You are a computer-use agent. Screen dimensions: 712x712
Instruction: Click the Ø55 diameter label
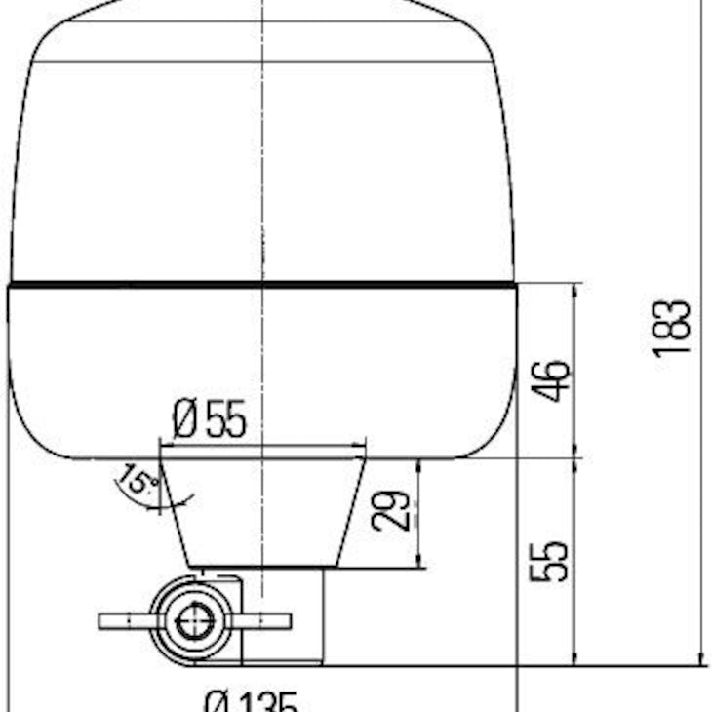[x=210, y=419]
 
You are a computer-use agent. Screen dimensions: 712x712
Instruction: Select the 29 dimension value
[x=387, y=511]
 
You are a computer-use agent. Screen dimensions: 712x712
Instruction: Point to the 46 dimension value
[x=551, y=380]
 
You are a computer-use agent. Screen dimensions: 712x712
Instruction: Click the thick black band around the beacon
[x=261, y=286]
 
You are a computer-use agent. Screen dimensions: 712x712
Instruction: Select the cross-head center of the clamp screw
[x=194, y=620]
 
